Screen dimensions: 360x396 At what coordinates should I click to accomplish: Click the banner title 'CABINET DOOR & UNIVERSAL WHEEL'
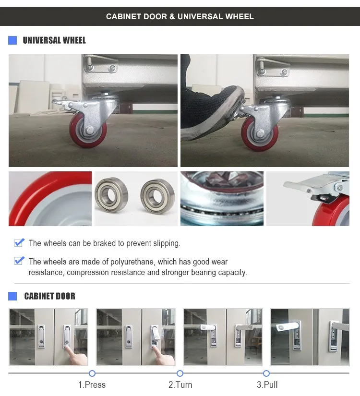[180, 17]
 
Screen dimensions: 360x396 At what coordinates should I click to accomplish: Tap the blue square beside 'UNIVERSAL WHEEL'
[12, 40]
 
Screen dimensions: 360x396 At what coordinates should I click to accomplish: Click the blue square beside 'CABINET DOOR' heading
[12, 296]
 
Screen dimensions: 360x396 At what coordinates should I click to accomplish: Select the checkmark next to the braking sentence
[19, 242]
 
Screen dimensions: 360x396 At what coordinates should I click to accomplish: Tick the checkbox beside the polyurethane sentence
[19, 261]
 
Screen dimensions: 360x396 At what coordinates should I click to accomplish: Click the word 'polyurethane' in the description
[131, 262]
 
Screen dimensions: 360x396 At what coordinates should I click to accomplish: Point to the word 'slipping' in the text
[166, 243]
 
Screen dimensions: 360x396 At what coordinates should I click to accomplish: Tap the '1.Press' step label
[92, 384]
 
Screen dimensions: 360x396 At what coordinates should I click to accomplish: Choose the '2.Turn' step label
[180, 384]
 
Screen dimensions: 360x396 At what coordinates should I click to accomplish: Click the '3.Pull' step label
[267, 384]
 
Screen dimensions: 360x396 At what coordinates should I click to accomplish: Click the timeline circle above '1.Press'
[92, 373]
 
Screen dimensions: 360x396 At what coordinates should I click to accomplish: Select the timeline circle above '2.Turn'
[180, 373]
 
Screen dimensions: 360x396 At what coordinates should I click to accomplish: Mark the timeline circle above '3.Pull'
[266, 373]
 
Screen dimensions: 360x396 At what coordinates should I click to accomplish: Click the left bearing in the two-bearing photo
[111, 194]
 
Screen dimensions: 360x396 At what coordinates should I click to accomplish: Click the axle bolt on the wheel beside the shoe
[260, 133]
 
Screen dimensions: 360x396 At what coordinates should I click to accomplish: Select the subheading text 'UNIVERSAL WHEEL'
[54, 40]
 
